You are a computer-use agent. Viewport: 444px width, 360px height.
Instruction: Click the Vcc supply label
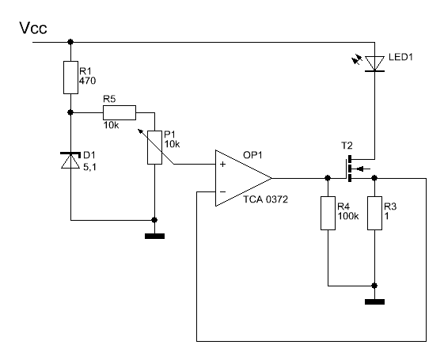[33, 28]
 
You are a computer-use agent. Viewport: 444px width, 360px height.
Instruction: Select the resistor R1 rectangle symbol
[70, 78]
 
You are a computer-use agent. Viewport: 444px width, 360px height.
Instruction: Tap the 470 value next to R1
[88, 81]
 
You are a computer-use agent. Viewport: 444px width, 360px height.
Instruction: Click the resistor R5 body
[120, 112]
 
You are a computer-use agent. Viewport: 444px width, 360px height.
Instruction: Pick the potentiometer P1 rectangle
[154, 147]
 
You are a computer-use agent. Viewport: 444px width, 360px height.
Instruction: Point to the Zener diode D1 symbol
[70, 161]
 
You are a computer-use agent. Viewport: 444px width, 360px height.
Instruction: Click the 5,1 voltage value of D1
[89, 167]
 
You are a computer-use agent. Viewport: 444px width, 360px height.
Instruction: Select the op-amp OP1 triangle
[244, 178]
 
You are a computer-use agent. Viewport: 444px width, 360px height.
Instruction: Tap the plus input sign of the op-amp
[223, 164]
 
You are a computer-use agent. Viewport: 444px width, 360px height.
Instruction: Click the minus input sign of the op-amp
[223, 192]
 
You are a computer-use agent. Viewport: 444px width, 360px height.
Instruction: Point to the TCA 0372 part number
[266, 199]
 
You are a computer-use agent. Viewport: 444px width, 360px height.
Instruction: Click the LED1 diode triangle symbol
[374, 63]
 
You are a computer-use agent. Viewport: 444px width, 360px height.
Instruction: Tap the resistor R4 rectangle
[328, 214]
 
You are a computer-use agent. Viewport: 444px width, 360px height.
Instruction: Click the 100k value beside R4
[348, 216]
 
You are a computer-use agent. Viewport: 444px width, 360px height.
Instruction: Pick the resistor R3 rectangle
[374, 214]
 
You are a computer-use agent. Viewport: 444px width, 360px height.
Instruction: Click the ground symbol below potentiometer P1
[154, 236]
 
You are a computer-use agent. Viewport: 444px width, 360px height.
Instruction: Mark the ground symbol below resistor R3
[374, 301]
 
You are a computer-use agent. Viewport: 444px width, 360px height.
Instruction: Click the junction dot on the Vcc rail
[70, 42]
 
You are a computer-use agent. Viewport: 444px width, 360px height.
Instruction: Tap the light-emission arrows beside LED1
[357, 60]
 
